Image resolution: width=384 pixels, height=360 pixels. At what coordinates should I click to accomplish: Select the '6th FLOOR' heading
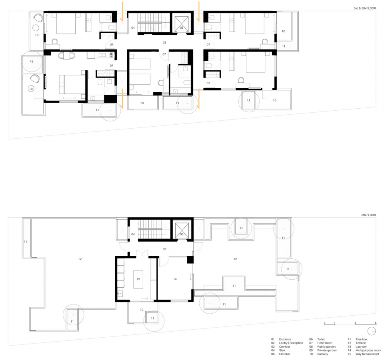(368, 215)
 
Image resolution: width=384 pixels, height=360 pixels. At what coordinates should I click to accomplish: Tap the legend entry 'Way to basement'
(367, 354)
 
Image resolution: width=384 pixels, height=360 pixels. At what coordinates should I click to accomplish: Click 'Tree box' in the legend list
(361, 339)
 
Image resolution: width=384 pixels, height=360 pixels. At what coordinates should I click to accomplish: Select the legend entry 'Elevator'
(286, 354)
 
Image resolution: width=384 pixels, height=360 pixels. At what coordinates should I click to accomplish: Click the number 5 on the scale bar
(375, 322)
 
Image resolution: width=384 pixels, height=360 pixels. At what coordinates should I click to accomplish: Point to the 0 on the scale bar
(324, 322)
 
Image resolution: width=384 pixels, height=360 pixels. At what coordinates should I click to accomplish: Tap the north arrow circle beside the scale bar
(372, 331)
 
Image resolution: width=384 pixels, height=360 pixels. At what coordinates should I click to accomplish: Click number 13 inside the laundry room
(138, 278)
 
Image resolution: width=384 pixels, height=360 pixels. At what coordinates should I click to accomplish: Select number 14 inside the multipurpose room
(174, 279)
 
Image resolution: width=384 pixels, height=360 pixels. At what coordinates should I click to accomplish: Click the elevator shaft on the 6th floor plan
(182, 229)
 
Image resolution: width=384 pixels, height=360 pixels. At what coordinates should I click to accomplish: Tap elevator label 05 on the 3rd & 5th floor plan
(181, 28)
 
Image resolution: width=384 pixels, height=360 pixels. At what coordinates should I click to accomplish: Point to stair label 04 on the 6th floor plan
(133, 234)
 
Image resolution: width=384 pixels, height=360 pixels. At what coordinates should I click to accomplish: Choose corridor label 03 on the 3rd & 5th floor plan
(164, 42)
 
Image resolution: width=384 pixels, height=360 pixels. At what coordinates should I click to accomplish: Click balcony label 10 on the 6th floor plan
(142, 310)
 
